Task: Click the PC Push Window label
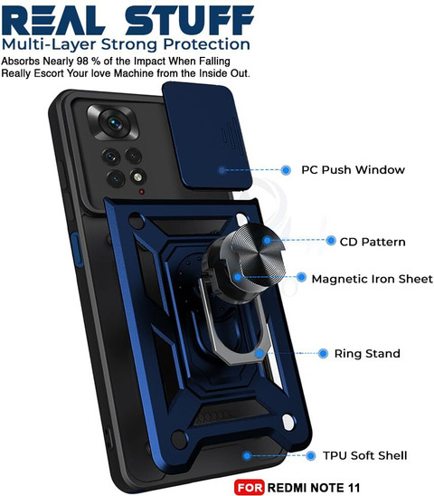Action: (x=353, y=170)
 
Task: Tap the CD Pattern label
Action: (x=373, y=242)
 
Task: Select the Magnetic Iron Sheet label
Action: (x=372, y=279)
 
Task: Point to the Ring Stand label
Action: (x=367, y=353)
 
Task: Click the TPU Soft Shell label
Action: (x=364, y=455)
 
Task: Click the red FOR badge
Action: (x=250, y=487)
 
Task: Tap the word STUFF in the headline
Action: (x=190, y=20)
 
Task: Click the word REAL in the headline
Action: (x=53, y=20)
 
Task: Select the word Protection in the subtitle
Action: (x=206, y=44)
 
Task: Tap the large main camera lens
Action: (x=115, y=123)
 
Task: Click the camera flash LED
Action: (x=137, y=176)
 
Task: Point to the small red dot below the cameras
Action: (x=142, y=192)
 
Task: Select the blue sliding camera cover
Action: (x=207, y=136)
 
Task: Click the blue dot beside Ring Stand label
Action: (x=323, y=353)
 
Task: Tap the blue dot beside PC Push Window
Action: (x=286, y=170)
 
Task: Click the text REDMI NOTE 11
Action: (x=314, y=488)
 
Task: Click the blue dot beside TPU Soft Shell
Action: (x=311, y=456)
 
